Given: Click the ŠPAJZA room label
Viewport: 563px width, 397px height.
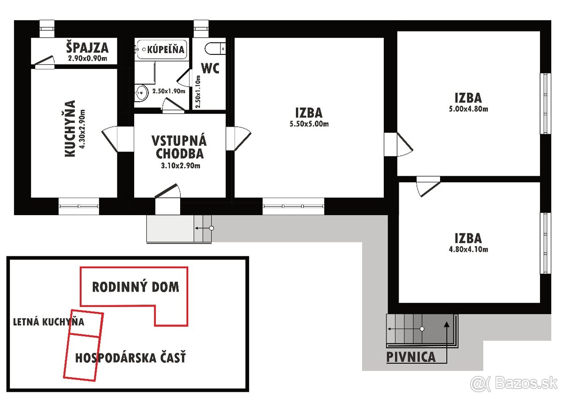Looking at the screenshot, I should pyautogui.click(x=87, y=47).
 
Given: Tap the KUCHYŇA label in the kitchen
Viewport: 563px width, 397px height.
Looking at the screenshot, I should pyautogui.click(x=70, y=128).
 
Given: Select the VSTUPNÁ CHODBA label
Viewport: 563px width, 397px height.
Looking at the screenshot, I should pyautogui.click(x=179, y=147).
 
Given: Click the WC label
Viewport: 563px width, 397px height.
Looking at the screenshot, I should pyautogui.click(x=210, y=68).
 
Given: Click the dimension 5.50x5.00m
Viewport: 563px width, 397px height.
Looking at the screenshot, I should pyautogui.click(x=308, y=125).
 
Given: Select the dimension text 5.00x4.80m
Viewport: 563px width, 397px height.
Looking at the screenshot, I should pyautogui.click(x=468, y=110).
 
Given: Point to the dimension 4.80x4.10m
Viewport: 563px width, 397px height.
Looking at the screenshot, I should pyautogui.click(x=468, y=249).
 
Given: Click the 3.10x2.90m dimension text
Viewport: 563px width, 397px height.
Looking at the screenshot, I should pyautogui.click(x=179, y=165).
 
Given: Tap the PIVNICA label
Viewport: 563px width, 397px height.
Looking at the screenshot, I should pyautogui.click(x=411, y=357).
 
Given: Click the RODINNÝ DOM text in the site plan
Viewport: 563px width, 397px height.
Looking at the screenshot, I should pyautogui.click(x=136, y=287).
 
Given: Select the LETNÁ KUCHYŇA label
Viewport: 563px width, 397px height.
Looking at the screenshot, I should pyautogui.click(x=48, y=322).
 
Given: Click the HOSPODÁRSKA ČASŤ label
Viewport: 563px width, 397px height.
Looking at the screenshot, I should pyautogui.click(x=130, y=358).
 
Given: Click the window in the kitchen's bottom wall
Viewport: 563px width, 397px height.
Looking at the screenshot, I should pyautogui.click(x=79, y=205).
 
